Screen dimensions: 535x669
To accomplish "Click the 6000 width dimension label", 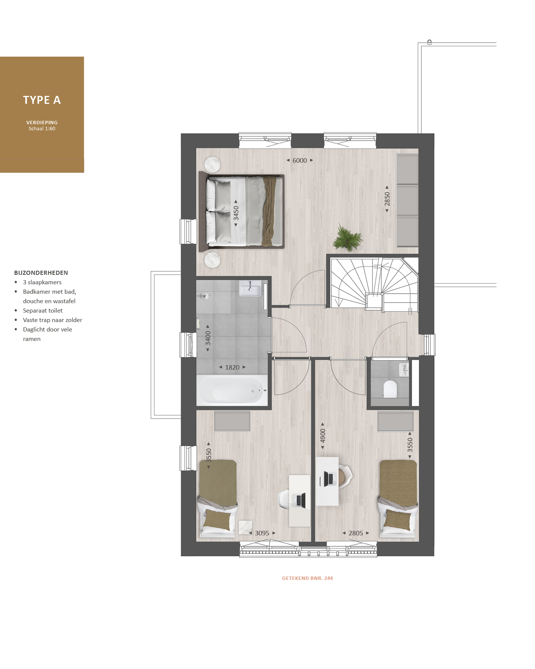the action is [300, 160].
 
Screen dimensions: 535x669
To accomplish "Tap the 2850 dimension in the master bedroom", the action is [387, 199].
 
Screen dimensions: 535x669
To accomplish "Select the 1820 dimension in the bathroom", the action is [232, 367].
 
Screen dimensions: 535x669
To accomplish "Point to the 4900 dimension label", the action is [323, 436].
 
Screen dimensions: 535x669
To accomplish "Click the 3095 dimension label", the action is [262, 533].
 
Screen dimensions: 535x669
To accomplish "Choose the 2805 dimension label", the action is [356, 533].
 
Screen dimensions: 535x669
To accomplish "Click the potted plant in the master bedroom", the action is [347, 238].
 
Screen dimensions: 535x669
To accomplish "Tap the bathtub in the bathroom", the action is [232, 390].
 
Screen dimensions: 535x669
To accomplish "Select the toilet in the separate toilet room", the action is [390, 389].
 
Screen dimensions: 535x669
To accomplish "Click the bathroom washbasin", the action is [250, 289].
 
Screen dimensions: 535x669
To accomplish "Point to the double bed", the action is [242, 211].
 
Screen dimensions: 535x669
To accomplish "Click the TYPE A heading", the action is [42, 100].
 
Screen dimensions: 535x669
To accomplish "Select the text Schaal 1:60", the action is [42, 129].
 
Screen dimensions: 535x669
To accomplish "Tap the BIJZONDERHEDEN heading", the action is [41, 273].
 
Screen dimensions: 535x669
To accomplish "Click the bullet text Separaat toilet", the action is [43, 310].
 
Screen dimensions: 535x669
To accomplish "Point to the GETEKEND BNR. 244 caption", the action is [307, 578].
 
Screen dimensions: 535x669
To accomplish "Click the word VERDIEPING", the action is [42, 122].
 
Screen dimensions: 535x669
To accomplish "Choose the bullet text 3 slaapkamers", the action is [42, 282].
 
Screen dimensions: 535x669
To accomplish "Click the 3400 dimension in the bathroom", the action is [208, 338].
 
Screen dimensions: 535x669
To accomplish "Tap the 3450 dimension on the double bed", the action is [236, 213].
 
